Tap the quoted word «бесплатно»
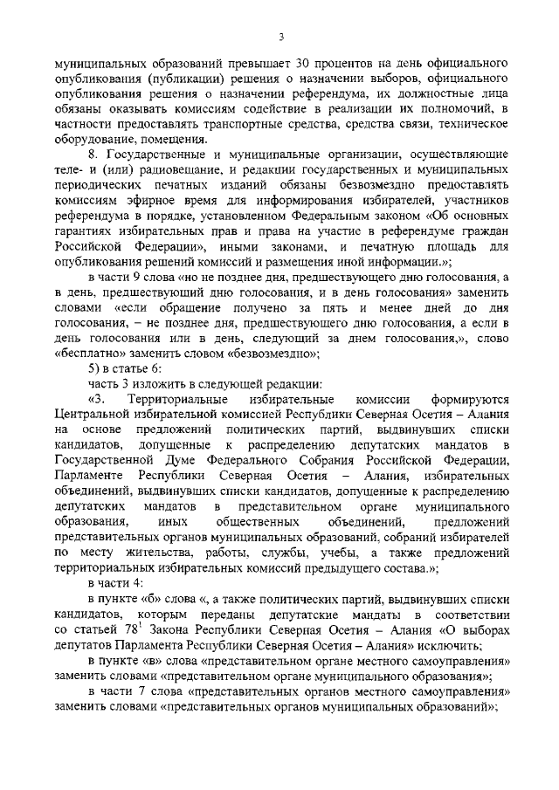88,353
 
